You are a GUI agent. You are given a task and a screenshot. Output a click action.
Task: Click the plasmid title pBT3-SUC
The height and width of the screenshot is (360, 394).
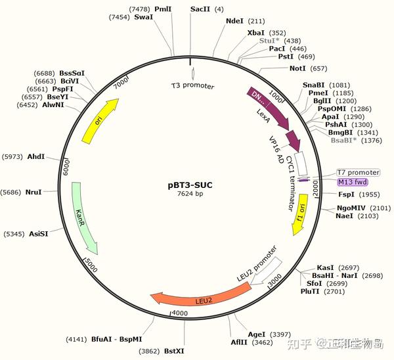tap(190, 185)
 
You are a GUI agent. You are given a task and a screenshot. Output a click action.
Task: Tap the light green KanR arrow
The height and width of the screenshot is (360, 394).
tap(85, 217)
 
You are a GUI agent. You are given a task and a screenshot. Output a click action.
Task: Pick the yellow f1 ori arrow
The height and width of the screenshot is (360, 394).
tap(300, 214)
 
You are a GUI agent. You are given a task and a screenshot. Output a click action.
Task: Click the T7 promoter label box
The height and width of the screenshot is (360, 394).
tap(358, 172)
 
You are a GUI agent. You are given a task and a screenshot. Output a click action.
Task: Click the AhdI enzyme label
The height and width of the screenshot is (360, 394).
tap(36, 156)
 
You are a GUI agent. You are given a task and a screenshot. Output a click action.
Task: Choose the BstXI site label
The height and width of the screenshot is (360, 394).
tap(174, 351)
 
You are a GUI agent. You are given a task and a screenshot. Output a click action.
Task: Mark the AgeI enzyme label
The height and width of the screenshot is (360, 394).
tap(257, 334)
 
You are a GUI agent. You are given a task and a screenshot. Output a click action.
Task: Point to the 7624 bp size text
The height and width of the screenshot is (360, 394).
tap(190, 194)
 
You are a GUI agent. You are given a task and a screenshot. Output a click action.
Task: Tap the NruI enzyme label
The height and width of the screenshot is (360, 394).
tap(33, 192)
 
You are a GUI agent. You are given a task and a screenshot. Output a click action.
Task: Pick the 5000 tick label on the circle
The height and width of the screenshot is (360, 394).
tap(92, 265)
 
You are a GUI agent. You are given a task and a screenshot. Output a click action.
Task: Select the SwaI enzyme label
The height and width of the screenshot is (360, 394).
tap(143, 17)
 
